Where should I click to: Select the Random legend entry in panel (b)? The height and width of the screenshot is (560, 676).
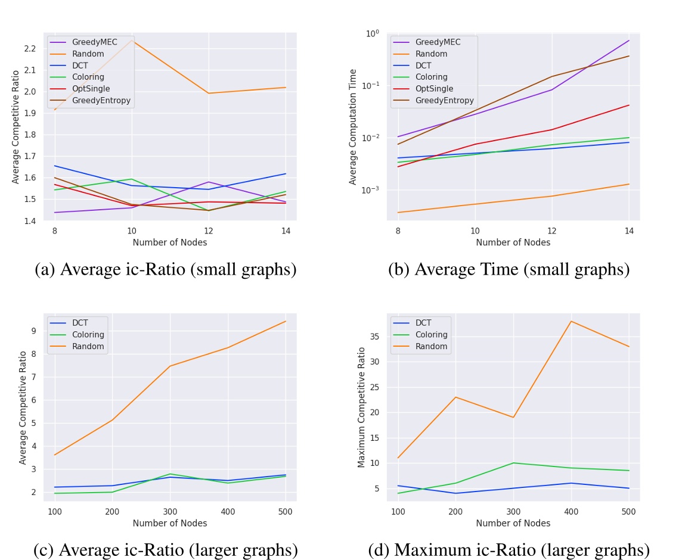(431, 54)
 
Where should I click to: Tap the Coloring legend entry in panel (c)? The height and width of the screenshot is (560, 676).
(88, 334)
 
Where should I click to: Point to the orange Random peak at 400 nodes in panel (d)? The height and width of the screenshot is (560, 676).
(571, 321)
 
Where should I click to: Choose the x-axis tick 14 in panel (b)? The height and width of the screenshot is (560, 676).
(628, 230)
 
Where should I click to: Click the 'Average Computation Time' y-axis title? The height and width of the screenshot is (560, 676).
(353, 127)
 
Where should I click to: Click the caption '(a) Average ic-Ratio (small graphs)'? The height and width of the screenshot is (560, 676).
(166, 270)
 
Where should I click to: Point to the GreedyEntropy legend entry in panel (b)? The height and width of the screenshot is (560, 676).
(444, 100)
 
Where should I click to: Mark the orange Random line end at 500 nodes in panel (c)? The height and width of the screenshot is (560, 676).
(286, 321)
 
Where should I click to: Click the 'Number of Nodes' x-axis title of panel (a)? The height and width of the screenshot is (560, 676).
(170, 242)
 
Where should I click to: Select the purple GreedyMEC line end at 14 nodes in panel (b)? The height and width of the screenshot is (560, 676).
(628, 41)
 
